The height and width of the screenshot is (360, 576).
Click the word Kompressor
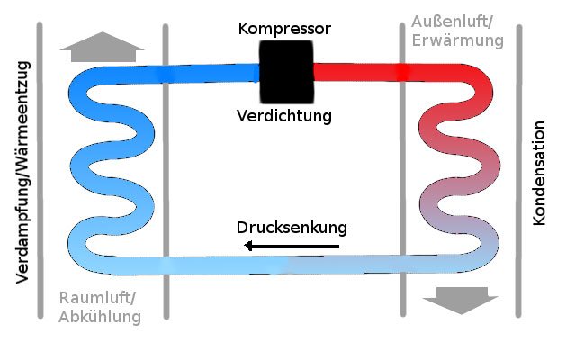pyautogui.click(x=284, y=29)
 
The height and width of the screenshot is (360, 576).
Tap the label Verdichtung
pyautogui.click(x=284, y=116)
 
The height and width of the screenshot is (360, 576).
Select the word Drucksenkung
pyautogui.click(x=292, y=226)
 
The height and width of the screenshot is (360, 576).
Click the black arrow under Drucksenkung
pyautogui.click(x=292, y=246)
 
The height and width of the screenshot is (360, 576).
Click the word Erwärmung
pyautogui.click(x=457, y=40)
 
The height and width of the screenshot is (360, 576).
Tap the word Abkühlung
pyautogui.click(x=100, y=317)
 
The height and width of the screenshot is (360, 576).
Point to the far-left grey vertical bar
pyautogui.click(x=40, y=171)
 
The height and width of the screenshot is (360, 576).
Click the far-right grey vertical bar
pyautogui.click(x=517, y=171)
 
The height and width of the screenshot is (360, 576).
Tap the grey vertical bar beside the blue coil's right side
pyautogui.click(x=166, y=171)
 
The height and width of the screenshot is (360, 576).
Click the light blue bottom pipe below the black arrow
pyautogui.click(x=292, y=265)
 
